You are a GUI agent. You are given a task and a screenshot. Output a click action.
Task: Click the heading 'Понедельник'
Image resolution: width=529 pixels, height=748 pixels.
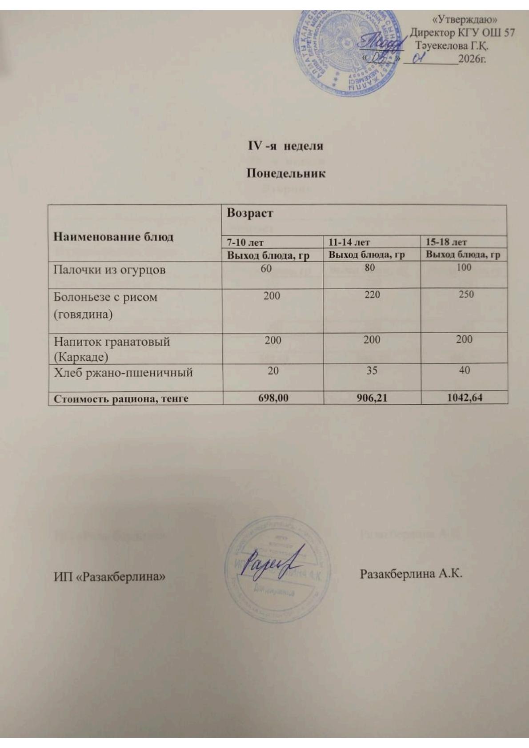[286, 173]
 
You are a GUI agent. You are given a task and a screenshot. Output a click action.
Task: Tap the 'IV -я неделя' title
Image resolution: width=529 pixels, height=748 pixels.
[285, 146]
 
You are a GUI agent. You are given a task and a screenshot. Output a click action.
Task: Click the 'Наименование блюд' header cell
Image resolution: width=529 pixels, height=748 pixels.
[113, 236]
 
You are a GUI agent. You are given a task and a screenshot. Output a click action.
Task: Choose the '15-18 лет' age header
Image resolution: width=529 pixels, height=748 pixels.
[446, 242]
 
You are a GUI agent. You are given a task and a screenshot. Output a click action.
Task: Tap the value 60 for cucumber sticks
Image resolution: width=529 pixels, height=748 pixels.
[266, 268]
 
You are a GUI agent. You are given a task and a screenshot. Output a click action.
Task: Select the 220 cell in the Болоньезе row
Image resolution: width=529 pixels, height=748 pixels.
[372, 294]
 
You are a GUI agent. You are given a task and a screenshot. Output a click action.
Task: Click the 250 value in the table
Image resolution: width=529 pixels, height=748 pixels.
[466, 294]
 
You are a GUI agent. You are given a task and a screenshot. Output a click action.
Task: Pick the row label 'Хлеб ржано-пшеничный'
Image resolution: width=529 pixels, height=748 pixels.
[123, 372]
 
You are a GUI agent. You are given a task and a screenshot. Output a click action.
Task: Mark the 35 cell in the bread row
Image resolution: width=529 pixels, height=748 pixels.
[372, 370]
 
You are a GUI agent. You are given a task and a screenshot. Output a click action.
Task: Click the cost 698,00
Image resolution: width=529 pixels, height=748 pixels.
[273, 398]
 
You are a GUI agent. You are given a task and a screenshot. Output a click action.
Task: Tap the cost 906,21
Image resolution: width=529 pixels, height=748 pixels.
[372, 398]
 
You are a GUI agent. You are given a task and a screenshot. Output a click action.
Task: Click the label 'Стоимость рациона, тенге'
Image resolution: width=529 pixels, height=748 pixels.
[121, 399]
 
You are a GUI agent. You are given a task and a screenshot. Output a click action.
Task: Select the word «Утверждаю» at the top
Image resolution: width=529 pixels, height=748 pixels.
[464, 20]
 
